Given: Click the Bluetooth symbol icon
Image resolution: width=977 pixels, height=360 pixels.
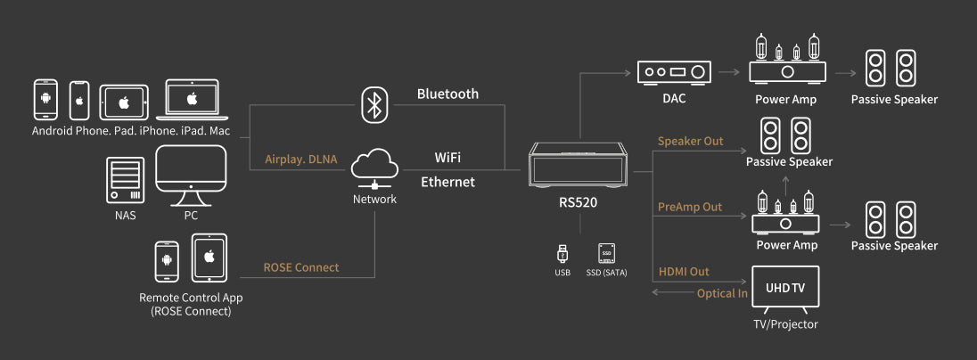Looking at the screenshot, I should click(374, 105).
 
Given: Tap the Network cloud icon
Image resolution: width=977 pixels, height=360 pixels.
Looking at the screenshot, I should click(374, 168).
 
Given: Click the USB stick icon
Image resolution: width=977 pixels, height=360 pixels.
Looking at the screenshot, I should click(562, 253).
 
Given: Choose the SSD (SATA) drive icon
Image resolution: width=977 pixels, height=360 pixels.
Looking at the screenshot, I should click(607, 253).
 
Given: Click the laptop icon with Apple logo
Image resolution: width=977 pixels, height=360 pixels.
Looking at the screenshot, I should click(191, 101).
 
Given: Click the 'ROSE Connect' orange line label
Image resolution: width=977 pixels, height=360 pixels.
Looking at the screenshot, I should click(301, 267).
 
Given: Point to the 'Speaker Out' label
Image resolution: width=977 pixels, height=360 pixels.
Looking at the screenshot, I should click(690, 142).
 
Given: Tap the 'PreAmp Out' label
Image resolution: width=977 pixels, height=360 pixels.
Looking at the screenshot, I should click(690, 207).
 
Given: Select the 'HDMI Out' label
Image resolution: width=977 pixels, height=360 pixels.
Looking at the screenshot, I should click(685, 271).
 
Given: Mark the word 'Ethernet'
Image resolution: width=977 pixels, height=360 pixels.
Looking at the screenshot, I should click(447, 182).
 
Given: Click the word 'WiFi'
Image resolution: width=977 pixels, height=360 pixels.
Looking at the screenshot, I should click(447, 157).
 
